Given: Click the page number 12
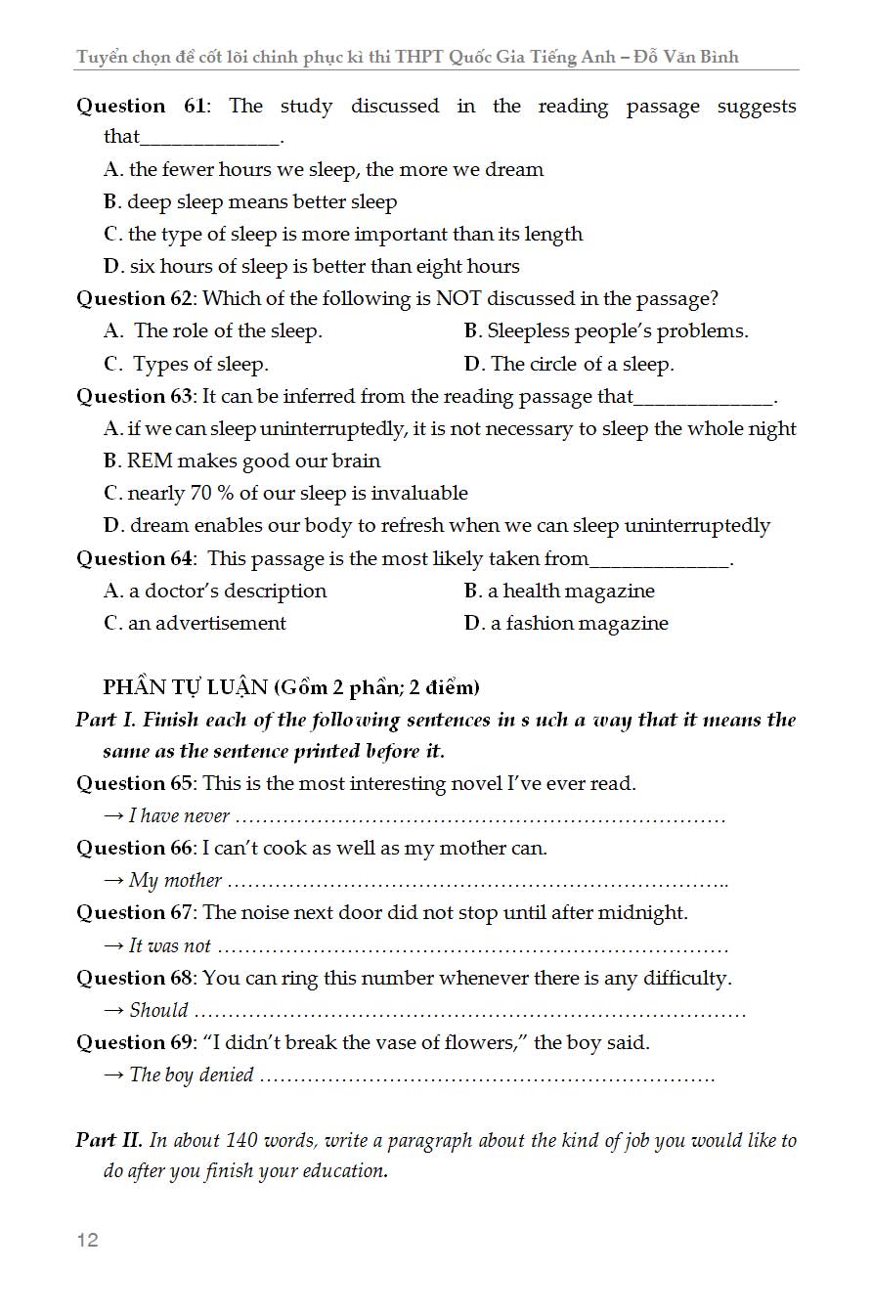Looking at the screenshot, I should click(87, 1240).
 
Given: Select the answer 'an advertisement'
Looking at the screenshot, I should click(206, 623).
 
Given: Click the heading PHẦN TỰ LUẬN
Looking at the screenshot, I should click(185, 687).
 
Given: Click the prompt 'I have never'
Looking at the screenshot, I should click(179, 815).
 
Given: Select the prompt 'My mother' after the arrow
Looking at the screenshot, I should click(175, 880).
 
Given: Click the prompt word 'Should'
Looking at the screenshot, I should click(158, 1010).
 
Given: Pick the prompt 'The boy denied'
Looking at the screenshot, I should click(192, 1075).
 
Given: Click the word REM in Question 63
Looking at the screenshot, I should click(150, 461).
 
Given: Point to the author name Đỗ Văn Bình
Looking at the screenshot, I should click(686, 57).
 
